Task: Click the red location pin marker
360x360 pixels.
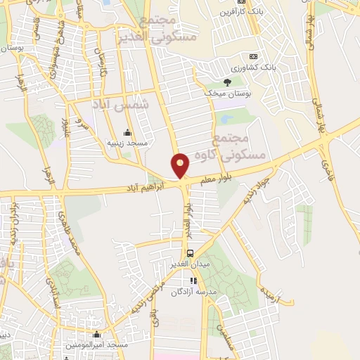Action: [181, 165]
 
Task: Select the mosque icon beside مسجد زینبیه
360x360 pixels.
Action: [127, 133]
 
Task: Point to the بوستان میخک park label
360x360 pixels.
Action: [221, 93]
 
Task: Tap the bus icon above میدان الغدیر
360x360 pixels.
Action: [189, 253]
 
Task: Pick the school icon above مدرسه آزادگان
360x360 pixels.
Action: [195, 281]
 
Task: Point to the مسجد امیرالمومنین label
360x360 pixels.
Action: [97, 346]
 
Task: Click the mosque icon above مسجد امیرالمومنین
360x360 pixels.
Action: [96, 335]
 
